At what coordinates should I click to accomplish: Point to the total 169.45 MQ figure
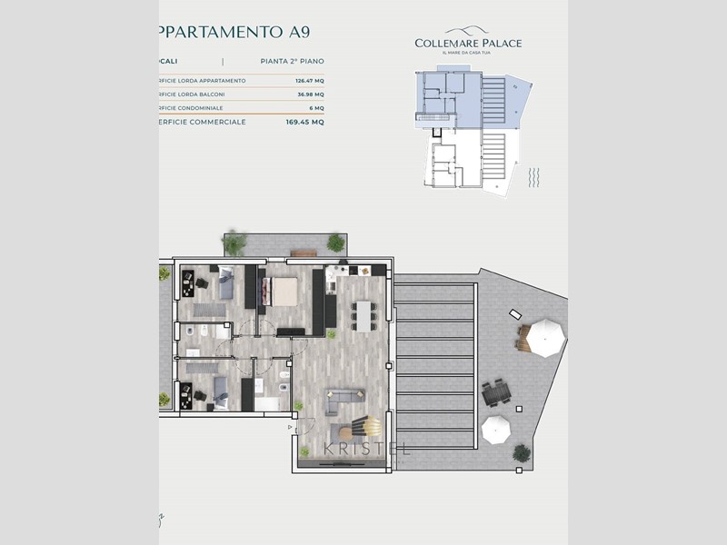tap(304, 121)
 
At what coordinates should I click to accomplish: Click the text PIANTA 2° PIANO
tap(285, 62)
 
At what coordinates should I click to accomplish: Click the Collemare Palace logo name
tap(468, 43)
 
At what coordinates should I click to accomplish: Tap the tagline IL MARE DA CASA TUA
tap(468, 54)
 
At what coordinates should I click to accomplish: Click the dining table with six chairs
tap(365, 316)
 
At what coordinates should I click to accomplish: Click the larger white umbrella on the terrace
tap(547, 336)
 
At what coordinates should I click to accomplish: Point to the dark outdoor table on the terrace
tap(497, 393)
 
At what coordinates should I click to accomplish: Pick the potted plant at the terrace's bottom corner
tap(164, 399)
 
